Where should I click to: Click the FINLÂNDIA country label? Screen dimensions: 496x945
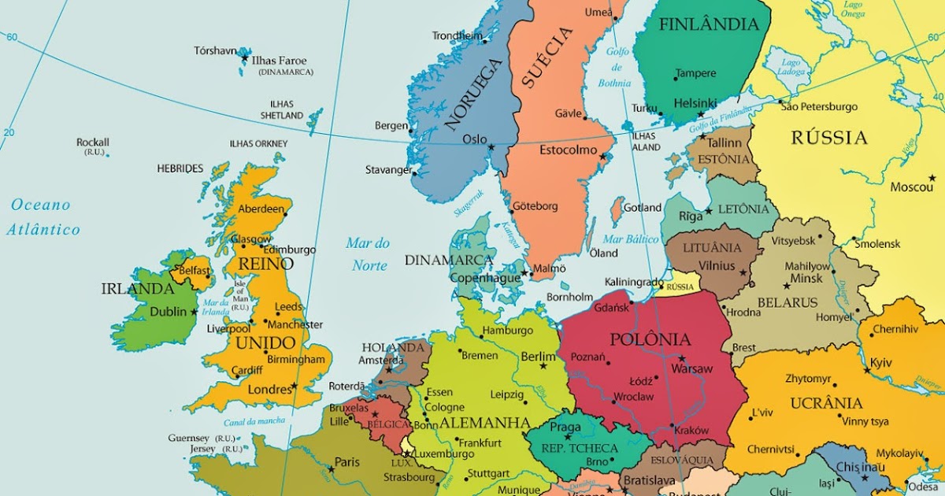(x=709, y=24)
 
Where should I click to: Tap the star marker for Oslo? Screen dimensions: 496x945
(x=491, y=147)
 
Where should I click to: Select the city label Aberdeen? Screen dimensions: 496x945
(x=260, y=209)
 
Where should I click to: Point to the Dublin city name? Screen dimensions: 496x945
(x=168, y=311)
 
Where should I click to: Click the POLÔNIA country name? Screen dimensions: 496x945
(x=650, y=340)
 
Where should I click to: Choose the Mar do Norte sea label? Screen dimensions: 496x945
(x=369, y=254)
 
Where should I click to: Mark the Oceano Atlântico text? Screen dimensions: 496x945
(x=43, y=217)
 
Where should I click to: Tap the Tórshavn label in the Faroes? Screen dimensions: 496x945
(x=215, y=51)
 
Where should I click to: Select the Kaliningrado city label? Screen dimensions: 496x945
(x=634, y=282)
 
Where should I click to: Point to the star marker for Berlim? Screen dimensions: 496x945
(x=543, y=366)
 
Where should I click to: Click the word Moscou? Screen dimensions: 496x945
(x=911, y=187)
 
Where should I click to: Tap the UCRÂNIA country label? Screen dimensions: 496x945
(x=827, y=403)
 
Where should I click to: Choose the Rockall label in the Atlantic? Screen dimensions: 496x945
(x=92, y=143)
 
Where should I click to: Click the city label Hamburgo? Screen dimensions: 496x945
(x=507, y=331)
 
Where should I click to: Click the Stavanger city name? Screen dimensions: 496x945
(x=388, y=169)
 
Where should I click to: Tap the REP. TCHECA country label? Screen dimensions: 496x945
(x=580, y=448)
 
